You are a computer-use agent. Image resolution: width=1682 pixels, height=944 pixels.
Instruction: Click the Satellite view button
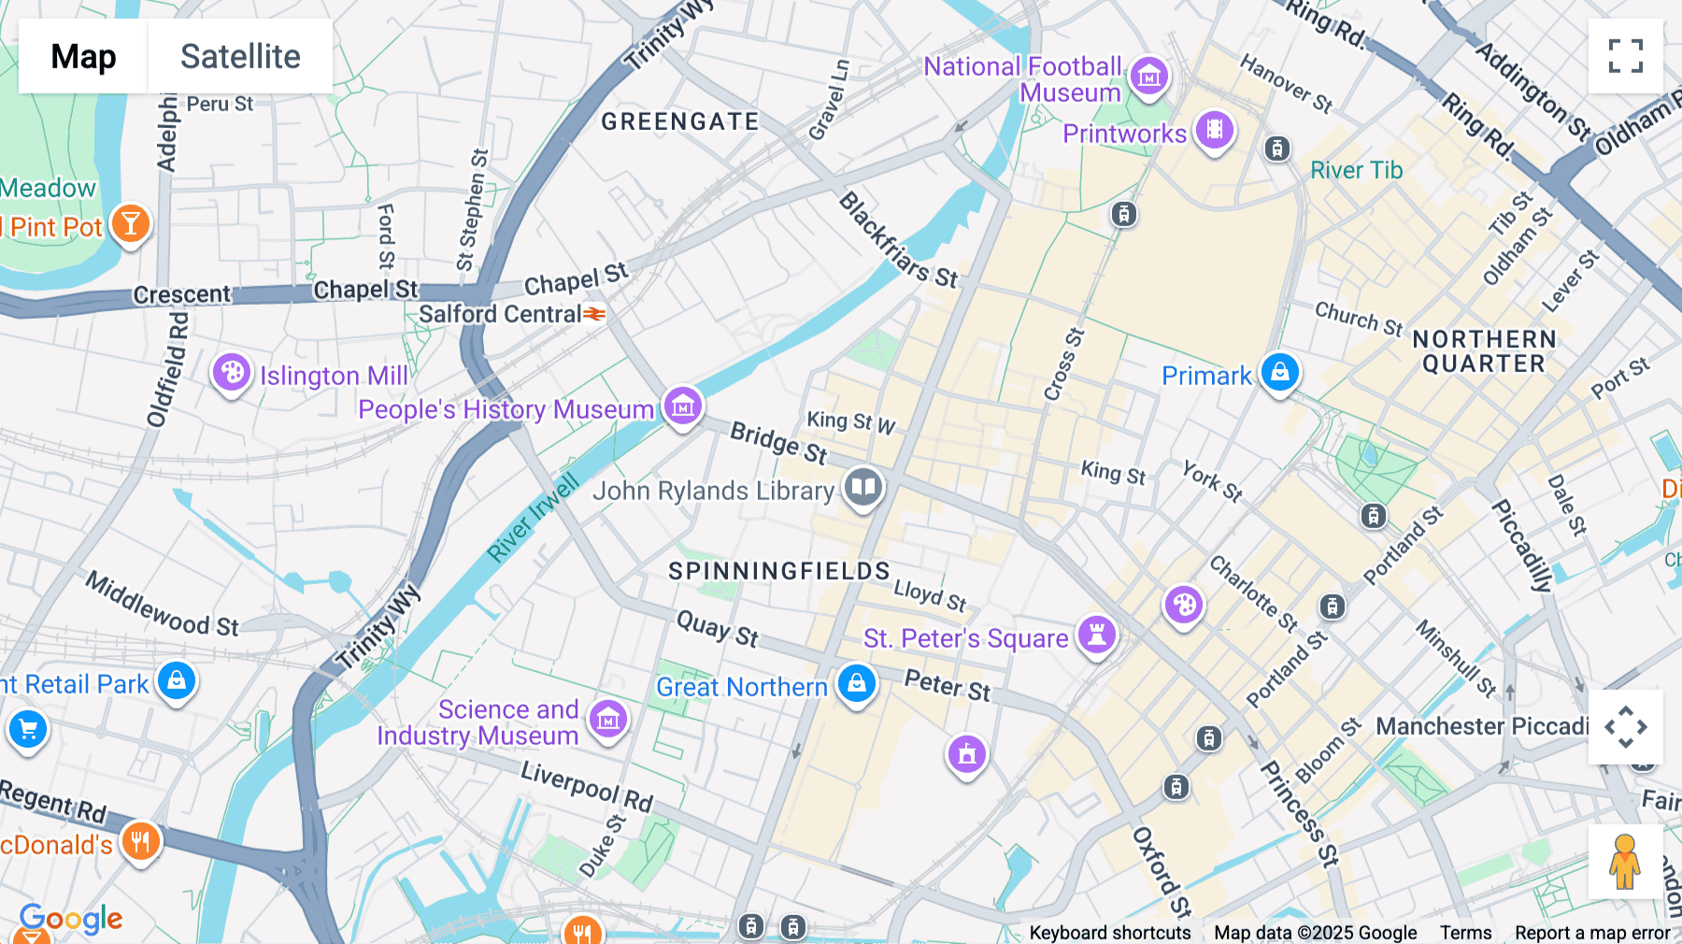click(x=240, y=56)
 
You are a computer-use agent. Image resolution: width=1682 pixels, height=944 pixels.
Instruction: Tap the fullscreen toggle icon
click(x=1625, y=56)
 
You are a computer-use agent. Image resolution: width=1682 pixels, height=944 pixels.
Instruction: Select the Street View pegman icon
click(x=1625, y=861)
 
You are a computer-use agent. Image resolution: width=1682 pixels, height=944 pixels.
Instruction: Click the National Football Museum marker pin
click(x=1149, y=77)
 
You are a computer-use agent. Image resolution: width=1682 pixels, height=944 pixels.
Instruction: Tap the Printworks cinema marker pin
click(x=1214, y=130)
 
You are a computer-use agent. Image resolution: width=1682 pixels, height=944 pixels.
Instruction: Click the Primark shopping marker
click(x=1279, y=372)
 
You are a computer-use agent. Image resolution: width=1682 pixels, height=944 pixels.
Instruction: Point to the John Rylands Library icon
click(x=863, y=487)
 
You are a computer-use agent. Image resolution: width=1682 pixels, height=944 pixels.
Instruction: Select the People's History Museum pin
click(x=683, y=407)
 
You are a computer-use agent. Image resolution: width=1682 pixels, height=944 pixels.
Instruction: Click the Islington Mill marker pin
click(x=231, y=373)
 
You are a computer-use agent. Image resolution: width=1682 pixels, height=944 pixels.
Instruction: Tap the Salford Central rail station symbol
click(x=594, y=314)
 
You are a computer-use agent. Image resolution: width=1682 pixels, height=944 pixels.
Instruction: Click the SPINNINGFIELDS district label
click(x=779, y=571)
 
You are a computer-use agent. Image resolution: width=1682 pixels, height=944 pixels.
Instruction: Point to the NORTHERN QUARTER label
click(x=1484, y=351)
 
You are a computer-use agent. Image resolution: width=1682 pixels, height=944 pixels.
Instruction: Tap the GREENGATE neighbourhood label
click(x=679, y=122)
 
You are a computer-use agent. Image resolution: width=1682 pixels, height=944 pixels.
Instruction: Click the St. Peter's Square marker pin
click(x=1097, y=635)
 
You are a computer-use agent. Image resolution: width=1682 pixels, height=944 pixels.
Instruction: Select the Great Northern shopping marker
click(x=856, y=683)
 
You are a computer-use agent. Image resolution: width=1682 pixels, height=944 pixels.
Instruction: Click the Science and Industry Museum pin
click(x=608, y=719)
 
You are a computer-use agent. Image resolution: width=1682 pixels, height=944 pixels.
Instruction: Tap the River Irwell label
click(x=534, y=518)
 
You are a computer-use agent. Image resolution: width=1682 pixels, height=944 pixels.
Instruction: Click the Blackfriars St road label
click(x=897, y=240)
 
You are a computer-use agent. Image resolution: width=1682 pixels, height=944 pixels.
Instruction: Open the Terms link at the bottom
click(x=1465, y=932)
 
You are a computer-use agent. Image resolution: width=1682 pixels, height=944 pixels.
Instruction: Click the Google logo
click(x=71, y=919)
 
